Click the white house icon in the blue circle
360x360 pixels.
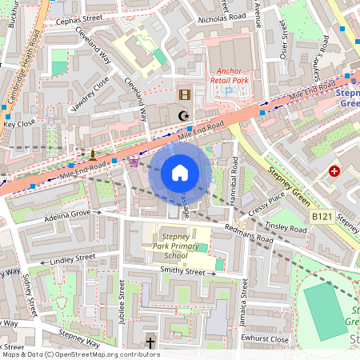[x=179, y=172]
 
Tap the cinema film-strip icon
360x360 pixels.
[x=185, y=95]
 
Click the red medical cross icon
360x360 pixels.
[x=334, y=171]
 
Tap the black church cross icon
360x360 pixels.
[x=150, y=343]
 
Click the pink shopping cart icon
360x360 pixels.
[x=134, y=161]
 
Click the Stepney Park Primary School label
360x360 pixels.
[x=182, y=241]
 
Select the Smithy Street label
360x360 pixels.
[x=183, y=272]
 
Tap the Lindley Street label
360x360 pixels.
[x=72, y=258]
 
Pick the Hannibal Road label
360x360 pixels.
[x=234, y=176]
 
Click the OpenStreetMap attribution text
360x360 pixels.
[x=80, y=354]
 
